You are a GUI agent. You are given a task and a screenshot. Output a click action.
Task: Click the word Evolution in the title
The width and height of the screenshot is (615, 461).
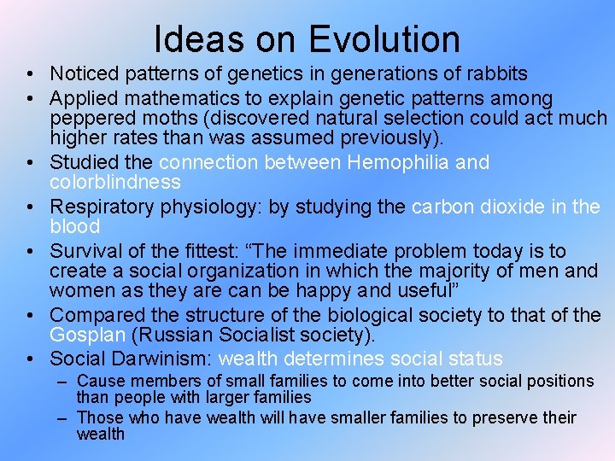tap(384, 39)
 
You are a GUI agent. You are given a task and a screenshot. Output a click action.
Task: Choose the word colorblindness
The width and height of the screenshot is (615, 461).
tap(115, 182)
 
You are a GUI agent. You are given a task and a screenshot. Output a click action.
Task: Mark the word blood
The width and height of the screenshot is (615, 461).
tap(75, 226)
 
